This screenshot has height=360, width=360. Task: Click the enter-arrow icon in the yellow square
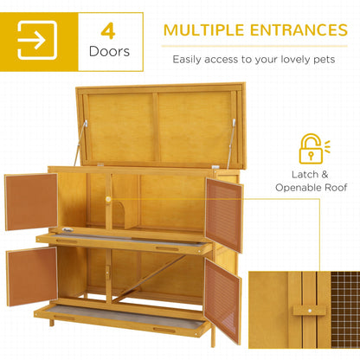pos(36,40)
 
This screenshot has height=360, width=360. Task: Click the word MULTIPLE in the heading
pos(206,30)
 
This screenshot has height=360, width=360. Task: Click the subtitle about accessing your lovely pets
pos(259,60)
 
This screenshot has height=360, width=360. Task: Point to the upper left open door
pos(30,201)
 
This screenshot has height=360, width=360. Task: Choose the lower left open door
pos(30,276)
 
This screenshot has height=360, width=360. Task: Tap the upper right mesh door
pos(224,215)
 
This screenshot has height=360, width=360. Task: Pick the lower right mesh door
pos(223,298)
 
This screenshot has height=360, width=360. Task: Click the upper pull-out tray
pos(121,235)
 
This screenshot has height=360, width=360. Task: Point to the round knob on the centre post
pos(108,199)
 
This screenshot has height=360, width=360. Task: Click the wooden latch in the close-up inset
pos(303,310)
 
